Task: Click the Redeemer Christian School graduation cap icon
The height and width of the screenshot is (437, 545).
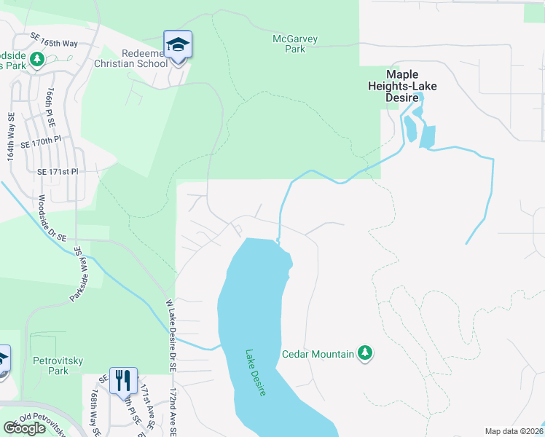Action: click(x=177, y=44)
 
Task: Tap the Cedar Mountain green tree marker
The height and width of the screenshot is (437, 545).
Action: click(x=365, y=354)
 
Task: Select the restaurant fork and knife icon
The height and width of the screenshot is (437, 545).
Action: click(x=122, y=380)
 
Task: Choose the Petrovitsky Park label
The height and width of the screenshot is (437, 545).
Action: click(x=50, y=366)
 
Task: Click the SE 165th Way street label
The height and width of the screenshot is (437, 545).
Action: click(x=55, y=44)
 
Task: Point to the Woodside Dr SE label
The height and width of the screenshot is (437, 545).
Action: click(x=52, y=218)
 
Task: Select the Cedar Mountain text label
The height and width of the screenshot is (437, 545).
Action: click(x=318, y=355)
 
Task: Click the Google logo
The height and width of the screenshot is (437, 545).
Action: click(x=24, y=428)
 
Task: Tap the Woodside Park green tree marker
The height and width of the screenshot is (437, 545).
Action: click(x=34, y=59)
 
